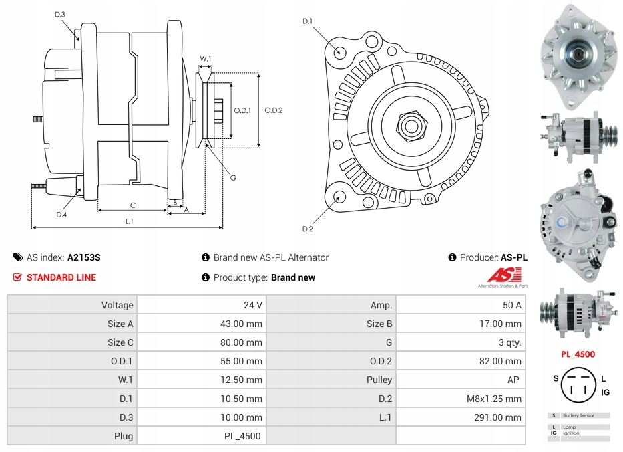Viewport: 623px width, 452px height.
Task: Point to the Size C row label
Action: coord(120,342)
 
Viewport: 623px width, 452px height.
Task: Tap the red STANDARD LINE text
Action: coord(61,277)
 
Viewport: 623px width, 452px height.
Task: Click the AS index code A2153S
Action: coord(83,257)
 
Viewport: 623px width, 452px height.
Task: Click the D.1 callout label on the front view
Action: coord(307,21)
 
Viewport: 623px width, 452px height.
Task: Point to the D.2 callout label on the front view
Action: coord(307,229)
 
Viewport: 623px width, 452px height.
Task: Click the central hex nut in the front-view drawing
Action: coord(411,124)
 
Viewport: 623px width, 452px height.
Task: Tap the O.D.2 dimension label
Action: coord(274,110)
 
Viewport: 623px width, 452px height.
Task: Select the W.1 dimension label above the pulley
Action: coord(206,59)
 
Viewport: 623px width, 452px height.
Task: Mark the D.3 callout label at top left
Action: coord(60,14)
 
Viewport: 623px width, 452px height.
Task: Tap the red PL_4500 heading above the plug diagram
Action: coord(578,354)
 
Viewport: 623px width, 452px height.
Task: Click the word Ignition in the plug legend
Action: coord(571,433)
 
